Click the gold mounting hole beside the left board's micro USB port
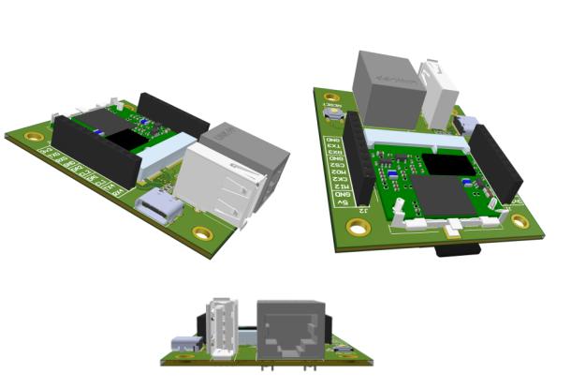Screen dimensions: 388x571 click(200, 233)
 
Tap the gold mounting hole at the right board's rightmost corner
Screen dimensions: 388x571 click(520, 221)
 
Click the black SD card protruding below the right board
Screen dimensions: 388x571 click(459, 248)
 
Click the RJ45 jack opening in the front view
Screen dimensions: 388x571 click(290, 334)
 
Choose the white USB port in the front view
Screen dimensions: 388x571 click(223, 328)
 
